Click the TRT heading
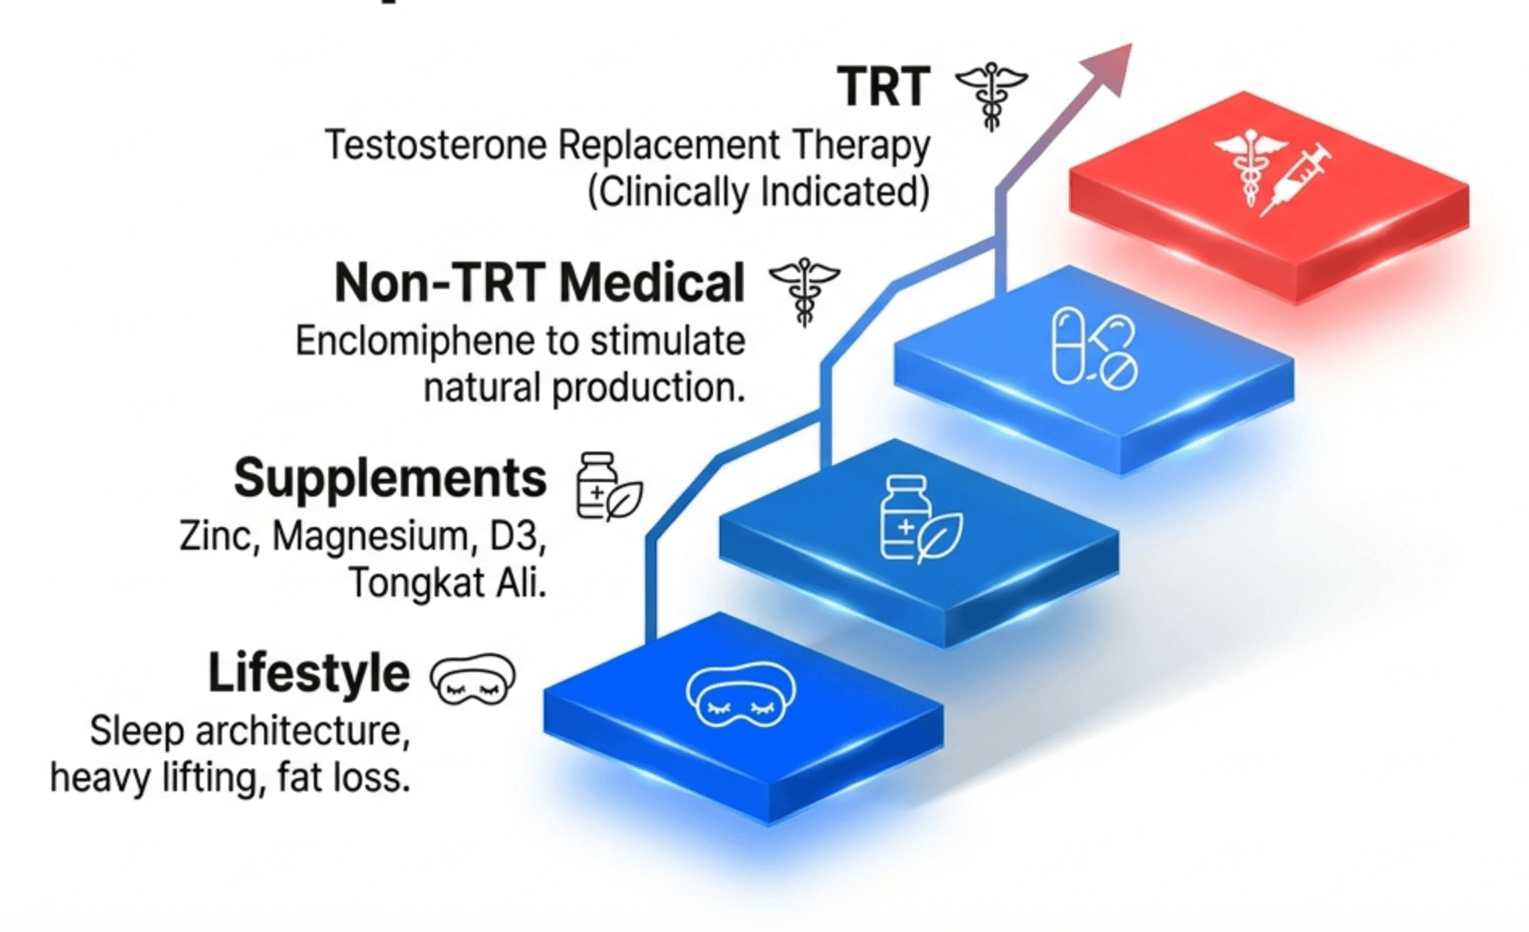(x=883, y=87)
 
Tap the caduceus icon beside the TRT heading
(x=991, y=94)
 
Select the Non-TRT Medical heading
(x=539, y=283)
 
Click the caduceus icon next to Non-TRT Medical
(x=804, y=290)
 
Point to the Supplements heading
(x=389, y=478)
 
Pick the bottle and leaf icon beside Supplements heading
(x=608, y=487)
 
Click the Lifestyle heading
(x=309, y=673)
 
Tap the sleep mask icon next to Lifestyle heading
(x=472, y=678)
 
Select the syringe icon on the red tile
(x=1296, y=179)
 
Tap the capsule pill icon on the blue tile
(x=1068, y=345)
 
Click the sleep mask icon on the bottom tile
(x=740, y=693)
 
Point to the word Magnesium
(x=370, y=536)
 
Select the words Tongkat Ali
(x=447, y=583)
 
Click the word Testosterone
(x=435, y=146)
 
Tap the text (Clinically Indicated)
(x=758, y=192)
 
